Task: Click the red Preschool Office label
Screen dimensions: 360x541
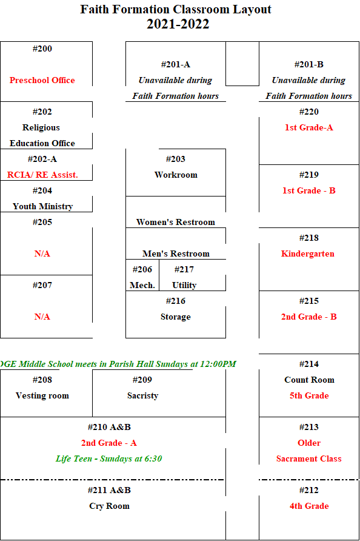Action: [x=42, y=80]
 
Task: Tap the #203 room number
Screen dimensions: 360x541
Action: [x=176, y=159]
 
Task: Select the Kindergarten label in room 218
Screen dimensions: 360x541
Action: [x=308, y=254]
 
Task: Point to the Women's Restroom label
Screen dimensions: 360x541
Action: [x=176, y=222]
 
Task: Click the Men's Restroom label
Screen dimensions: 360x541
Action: [x=176, y=254]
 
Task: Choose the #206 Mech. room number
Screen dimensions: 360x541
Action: [x=142, y=269]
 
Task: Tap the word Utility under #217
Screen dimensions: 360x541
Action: [x=184, y=285]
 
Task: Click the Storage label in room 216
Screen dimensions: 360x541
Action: [x=176, y=317]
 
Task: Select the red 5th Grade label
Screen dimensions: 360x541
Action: [x=309, y=396]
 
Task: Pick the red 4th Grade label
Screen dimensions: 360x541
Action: [x=309, y=506]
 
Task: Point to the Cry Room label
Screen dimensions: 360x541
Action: [x=109, y=506]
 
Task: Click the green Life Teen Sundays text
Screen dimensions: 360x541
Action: [x=109, y=459]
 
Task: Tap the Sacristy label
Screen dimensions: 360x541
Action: [x=142, y=396]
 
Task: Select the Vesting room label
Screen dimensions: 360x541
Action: [x=42, y=396]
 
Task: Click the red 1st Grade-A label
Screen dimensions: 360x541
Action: [x=309, y=127]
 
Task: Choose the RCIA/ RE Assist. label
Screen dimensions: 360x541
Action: [x=42, y=175]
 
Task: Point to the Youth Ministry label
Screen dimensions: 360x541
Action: [x=43, y=206]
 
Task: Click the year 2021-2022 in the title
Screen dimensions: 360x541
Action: [x=178, y=24]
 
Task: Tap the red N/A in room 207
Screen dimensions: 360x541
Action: [x=42, y=317]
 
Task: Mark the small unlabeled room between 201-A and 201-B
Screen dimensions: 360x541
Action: [x=242, y=64]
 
